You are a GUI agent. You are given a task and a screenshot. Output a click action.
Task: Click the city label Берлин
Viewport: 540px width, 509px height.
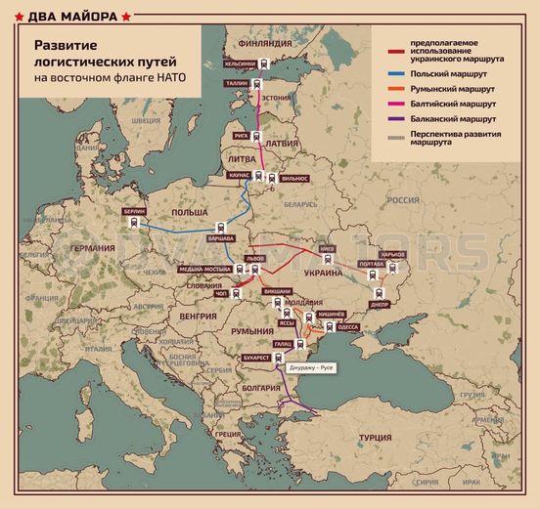[136, 211]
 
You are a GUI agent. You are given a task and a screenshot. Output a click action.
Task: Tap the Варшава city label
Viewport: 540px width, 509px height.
[223, 238]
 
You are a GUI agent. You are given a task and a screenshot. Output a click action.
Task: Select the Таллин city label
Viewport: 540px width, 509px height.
[239, 84]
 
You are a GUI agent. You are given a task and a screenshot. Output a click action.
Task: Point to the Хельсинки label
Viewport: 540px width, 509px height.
[240, 64]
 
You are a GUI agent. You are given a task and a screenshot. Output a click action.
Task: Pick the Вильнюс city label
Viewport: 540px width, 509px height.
[293, 178]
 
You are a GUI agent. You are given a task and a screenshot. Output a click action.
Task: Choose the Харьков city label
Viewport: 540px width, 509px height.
[392, 254]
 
